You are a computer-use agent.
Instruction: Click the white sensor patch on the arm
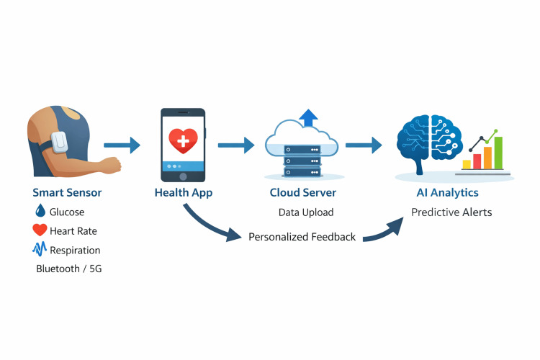(59, 142)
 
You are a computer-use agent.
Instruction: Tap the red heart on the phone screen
(183, 140)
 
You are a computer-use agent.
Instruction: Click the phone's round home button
(183, 176)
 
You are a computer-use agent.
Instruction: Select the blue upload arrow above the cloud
(309, 118)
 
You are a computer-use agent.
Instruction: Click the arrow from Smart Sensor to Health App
(122, 145)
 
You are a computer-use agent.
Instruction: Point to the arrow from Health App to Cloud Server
(236, 145)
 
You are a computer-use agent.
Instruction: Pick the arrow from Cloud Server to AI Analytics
(364, 145)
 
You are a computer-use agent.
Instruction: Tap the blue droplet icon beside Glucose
(40, 210)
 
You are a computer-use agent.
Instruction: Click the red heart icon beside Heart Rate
(40, 230)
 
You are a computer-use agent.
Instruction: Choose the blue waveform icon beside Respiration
(40, 248)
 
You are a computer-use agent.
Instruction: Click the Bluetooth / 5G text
(69, 269)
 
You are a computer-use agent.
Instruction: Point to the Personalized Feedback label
(302, 237)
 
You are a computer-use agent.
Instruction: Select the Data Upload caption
(306, 212)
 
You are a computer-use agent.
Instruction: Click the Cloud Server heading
(302, 192)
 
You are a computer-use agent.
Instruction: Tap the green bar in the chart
(498, 153)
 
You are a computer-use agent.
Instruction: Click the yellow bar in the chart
(467, 164)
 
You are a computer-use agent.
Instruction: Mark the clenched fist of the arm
(112, 165)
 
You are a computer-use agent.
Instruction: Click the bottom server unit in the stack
(302, 172)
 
